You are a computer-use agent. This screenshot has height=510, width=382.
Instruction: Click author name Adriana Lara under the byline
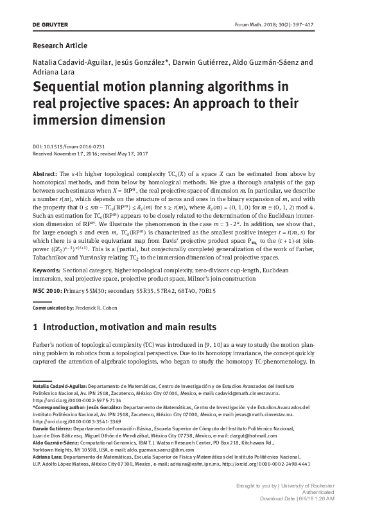50,73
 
